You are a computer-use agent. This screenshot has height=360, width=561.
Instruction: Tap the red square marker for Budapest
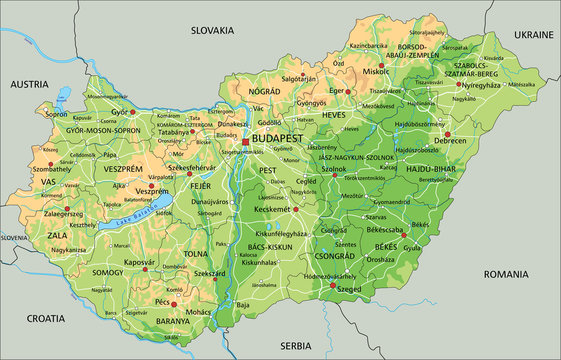[245, 143]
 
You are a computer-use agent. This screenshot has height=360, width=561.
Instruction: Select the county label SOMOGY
[107, 272]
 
